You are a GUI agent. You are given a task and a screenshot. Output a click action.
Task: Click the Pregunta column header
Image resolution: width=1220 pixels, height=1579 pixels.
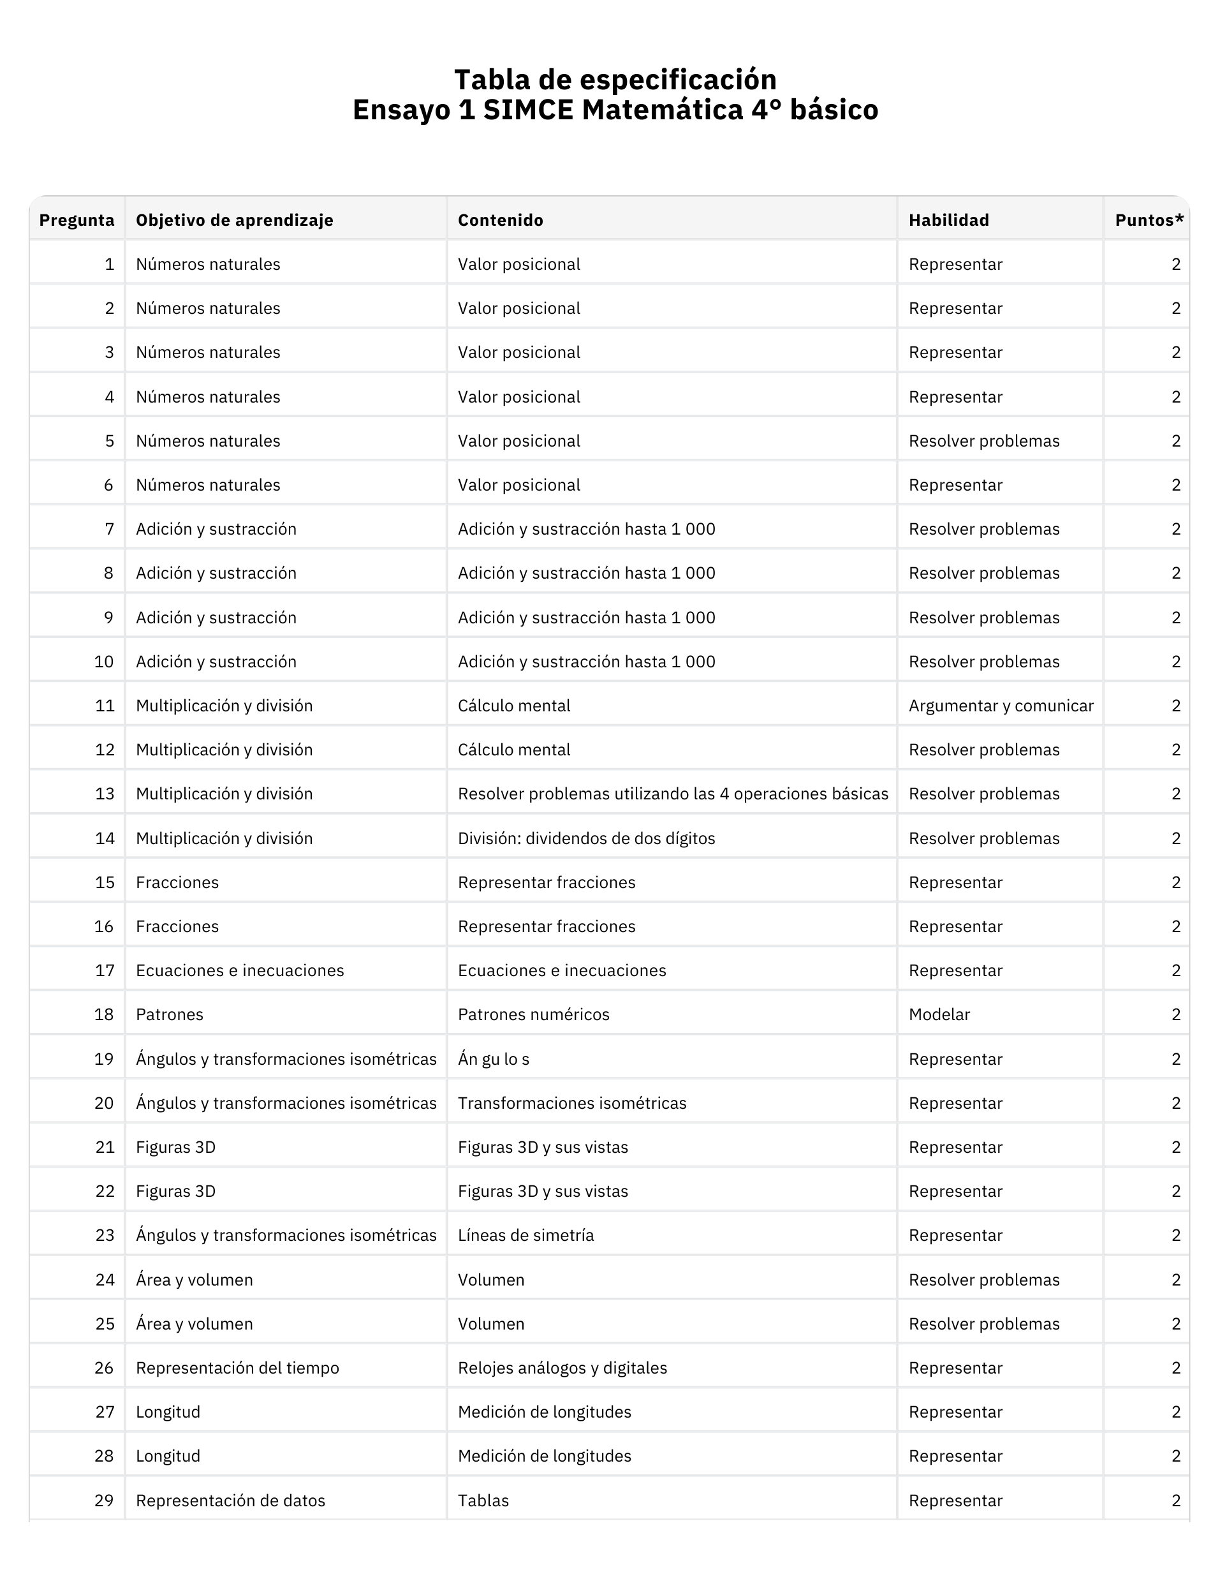pyautogui.click(x=77, y=220)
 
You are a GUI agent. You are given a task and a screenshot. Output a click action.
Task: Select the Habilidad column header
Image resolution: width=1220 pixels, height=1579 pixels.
pyautogui.click(x=948, y=220)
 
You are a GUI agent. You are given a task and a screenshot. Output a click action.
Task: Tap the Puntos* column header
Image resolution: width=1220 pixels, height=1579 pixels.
pyautogui.click(x=1149, y=220)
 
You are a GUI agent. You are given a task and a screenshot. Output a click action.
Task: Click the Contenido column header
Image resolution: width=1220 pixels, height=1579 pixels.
pyautogui.click(x=500, y=220)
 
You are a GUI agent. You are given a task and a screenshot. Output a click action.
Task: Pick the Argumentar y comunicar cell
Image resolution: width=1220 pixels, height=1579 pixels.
pyautogui.click(x=1000, y=706)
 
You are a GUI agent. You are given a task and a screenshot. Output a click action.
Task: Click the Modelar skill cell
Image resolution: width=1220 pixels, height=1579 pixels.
pyautogui.click(x=939, y=1014)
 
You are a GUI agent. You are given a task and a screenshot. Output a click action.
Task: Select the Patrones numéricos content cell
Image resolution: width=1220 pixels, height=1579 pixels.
pyautogui.click(x=533, y=1014)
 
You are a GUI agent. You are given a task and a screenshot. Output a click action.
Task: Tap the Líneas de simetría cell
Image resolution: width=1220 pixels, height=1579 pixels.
pyautogui.click(x=525, y=1235)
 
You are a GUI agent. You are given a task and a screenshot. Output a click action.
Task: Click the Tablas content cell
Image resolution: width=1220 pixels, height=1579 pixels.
pyautogui.click(x=483, y=1500)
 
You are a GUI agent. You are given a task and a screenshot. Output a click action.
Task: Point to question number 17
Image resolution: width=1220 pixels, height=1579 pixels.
pyautogui.click(x=105, y=970)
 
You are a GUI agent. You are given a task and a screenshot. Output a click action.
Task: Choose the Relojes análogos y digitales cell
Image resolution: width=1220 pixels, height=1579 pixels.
pyautogui.click(x=562, y=1368)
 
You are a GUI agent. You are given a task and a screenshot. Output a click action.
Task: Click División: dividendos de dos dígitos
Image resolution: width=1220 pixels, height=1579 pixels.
pyautogui.click(x=586, y=838)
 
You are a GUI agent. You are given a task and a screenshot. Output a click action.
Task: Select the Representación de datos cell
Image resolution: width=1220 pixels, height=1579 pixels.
pyautogui.click(x=231, y=1500)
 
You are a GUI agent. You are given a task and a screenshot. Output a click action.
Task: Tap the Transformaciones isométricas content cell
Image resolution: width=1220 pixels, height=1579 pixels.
pyautogui.click(x=571, y=1102)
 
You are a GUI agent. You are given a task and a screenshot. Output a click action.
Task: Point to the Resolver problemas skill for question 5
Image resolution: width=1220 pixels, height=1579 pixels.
pyautogui.click(x=983, y=441)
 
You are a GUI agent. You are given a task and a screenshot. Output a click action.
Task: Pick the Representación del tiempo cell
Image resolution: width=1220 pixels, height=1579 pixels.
pyautogui.click(x=237, y=1368)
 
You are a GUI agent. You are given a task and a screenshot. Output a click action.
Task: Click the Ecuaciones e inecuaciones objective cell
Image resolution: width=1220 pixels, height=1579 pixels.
pyautogui.click(x=240, y=970)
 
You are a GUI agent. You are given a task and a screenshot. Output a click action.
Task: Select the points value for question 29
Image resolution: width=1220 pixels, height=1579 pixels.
pyautogui.click(x=1176, y=1500)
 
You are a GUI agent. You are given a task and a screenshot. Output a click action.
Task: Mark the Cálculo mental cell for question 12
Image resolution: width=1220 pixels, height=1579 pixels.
pyautogui.click(x=514, y=750)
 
